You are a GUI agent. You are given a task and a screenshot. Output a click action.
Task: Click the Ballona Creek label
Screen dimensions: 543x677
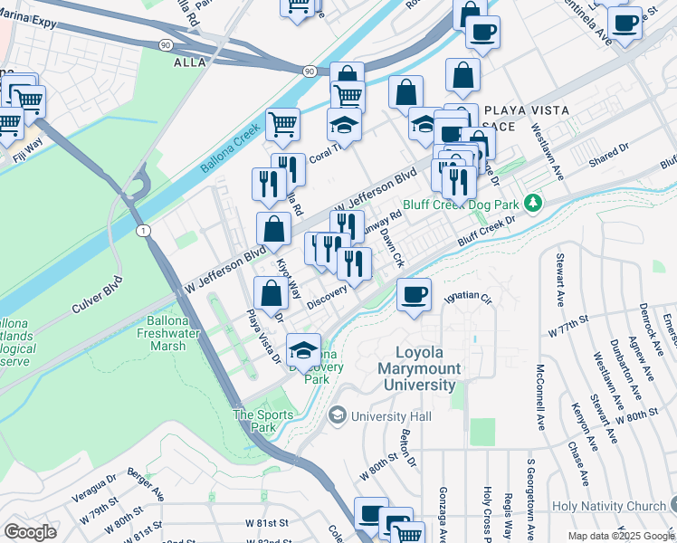coord(232,151)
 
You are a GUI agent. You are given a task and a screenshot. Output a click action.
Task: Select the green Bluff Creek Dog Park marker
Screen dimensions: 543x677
coord(534,201)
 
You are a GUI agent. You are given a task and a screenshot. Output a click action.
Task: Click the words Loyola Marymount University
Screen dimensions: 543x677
coord(427,369)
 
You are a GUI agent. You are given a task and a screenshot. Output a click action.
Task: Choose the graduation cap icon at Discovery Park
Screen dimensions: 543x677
coord(304,350)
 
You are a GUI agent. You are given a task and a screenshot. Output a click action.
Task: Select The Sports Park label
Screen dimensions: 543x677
coord(263,421)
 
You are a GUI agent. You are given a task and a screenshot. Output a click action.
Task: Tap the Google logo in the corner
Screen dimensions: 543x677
coord(30,531)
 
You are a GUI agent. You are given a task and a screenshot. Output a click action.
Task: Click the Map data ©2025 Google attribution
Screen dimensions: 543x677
coord(619,536)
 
